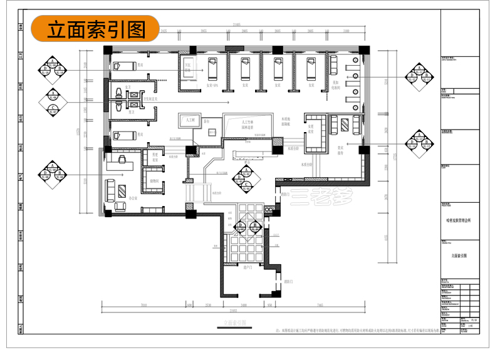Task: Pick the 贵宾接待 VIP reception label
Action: pos(341,151)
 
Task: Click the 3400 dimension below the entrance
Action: pos(244,305)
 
